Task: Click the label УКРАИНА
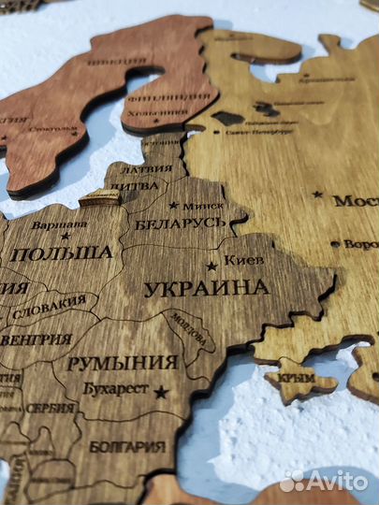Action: [207, 288]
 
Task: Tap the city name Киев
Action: [244, 260]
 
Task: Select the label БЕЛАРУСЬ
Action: [180, 224]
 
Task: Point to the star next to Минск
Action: [173, 205]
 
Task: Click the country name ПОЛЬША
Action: [65, 252]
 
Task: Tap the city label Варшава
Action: [59, 224]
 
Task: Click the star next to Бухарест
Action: [161, 392]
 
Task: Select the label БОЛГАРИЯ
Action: [127, 446]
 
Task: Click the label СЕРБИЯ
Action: [51, 409]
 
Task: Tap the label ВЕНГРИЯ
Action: [36, 339]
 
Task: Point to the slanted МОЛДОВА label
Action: [186, 330]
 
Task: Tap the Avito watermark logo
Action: [324, 481]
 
